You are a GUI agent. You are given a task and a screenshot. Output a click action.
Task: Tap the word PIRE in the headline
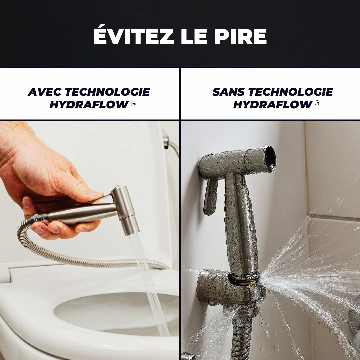click(240, 36)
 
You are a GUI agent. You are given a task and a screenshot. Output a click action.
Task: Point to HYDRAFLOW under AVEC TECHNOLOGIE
click(89, 105)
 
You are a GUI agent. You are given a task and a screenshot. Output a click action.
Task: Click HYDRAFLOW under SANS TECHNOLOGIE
click(272, 105)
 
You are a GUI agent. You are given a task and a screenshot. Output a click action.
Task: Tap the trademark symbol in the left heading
click(133, 104)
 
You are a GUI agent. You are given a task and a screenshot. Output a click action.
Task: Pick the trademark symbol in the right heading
click(317, 104)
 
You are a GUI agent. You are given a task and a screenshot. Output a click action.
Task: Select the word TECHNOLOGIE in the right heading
click(290, 92)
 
